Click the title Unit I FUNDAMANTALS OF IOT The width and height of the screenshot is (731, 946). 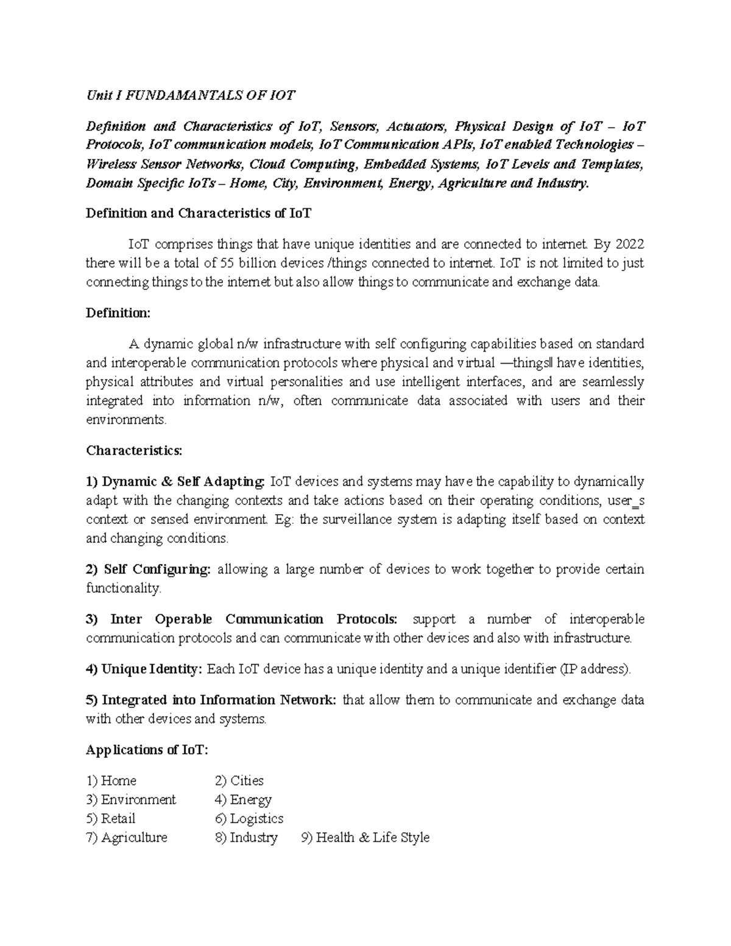[191, 96]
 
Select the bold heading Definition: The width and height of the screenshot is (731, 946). [118, 313]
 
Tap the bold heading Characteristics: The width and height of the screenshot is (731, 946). [134, 451]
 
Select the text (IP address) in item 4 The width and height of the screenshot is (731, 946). [595, 669]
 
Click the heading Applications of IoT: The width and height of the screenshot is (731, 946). [147, 750]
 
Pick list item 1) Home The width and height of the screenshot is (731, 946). [111, 781]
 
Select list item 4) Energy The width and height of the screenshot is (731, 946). [243, 800]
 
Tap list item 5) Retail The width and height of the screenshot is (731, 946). [111, 819]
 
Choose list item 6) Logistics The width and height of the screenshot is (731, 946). [249, 819]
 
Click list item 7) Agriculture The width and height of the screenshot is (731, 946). [127, 838]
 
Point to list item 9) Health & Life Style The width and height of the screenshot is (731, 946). [365, 838]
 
